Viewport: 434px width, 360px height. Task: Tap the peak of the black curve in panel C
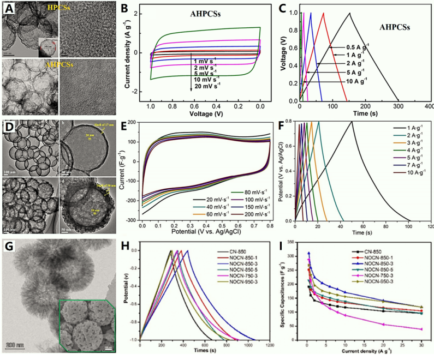pos(349,13)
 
